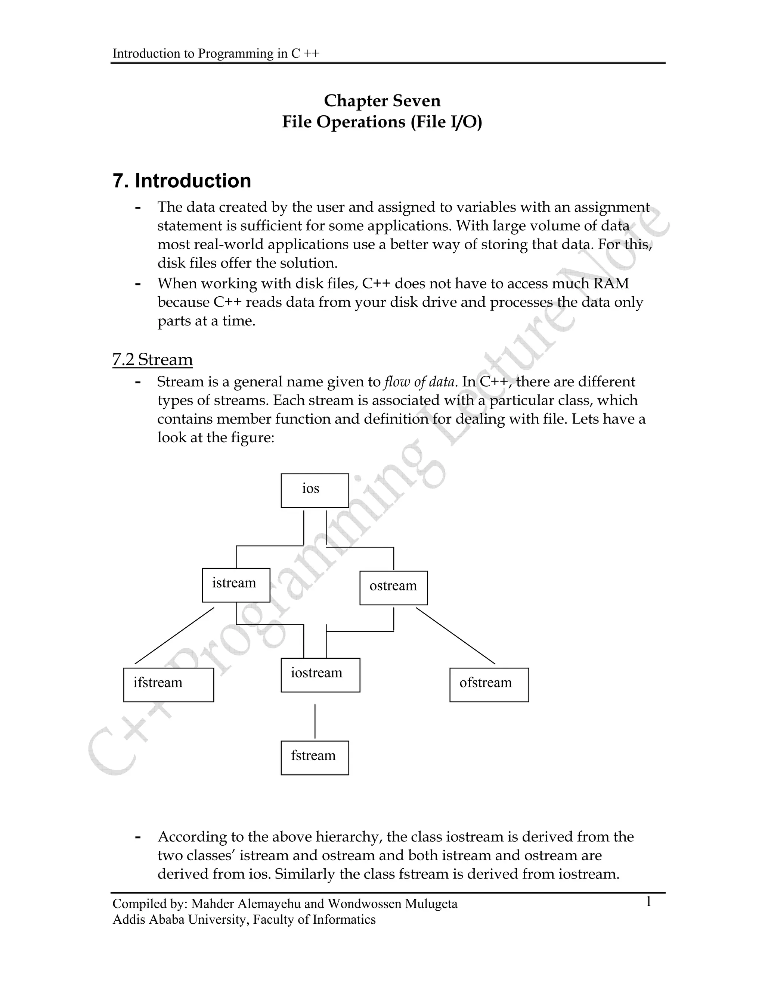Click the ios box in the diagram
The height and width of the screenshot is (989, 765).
pos(315,490)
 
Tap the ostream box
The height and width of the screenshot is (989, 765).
pos(393,587)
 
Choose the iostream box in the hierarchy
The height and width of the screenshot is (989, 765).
pos(320,675)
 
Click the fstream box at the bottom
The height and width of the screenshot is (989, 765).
pos(315,758)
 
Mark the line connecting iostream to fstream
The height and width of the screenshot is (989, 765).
pos(315,721)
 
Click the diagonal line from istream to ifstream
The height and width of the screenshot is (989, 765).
pos(174,636)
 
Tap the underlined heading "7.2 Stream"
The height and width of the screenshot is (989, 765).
pos(152,359)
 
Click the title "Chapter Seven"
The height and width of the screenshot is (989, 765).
pos(382,100)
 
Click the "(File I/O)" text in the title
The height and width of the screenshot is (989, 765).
pos(446,122)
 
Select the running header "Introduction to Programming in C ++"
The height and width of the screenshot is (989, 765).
pos(216,53)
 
